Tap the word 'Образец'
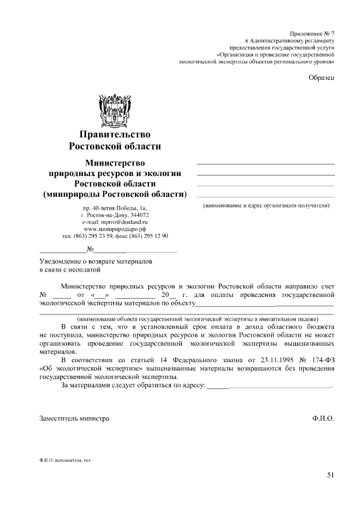click(322, 77)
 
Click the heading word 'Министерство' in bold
click(115, 163)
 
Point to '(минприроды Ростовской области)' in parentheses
click(115, 195)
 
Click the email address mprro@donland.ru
click(115, 222)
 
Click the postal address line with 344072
click(115, 215)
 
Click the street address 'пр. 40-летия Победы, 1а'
click(115, 209)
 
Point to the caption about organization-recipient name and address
click(265, 206)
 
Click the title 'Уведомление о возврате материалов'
click(95, 262)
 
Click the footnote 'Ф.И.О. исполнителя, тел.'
click(65, 460)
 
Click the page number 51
click(330, 475)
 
